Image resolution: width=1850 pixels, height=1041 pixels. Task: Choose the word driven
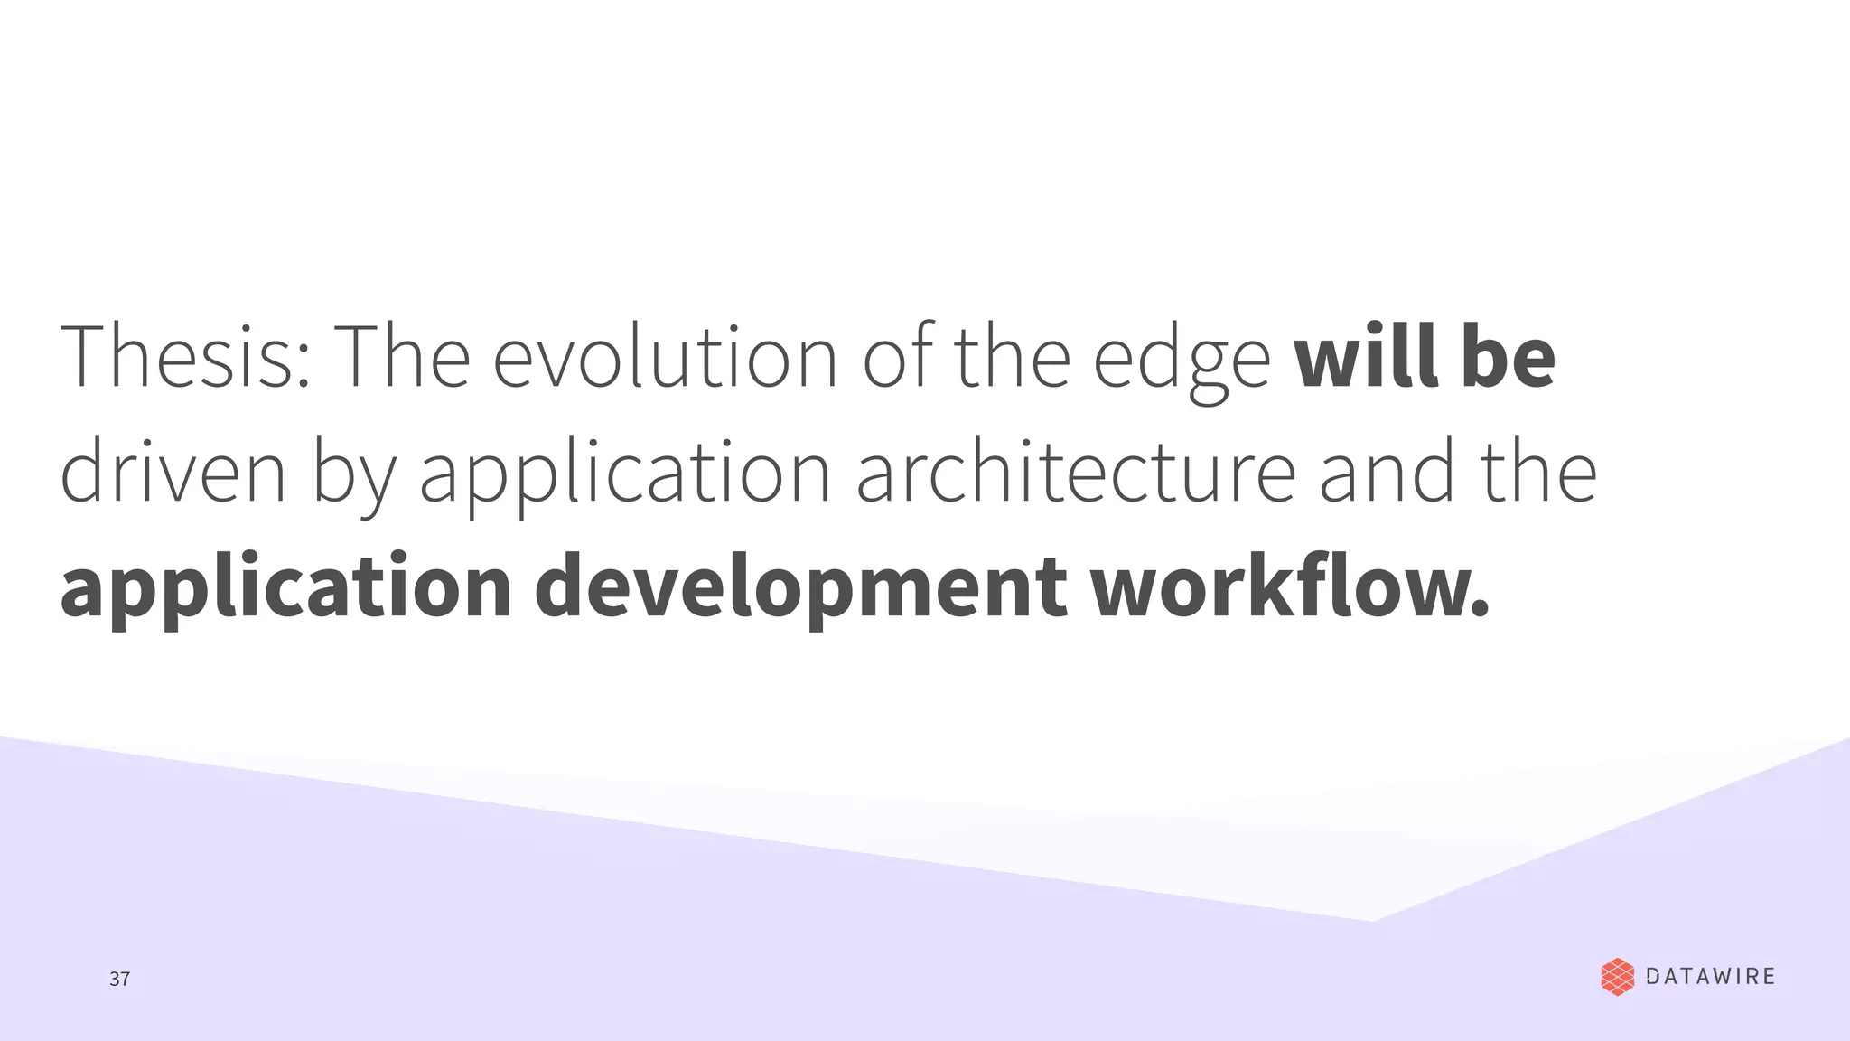coord(173,472)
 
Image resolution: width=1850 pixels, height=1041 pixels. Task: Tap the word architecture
coord(1076,472)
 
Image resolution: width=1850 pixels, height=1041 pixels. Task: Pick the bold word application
coord(285,589)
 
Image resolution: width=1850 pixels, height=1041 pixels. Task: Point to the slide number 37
coord(119,979)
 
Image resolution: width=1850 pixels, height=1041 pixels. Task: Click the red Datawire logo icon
coord(1617,977)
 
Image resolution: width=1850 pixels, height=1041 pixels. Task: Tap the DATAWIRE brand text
coord(1711,977)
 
